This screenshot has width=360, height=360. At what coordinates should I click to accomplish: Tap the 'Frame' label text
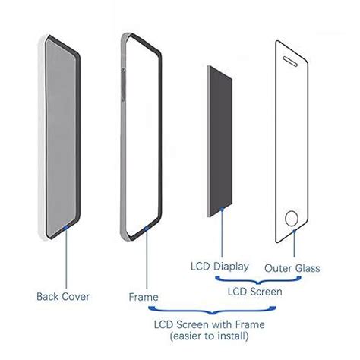144,295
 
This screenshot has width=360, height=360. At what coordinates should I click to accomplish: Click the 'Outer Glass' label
292,267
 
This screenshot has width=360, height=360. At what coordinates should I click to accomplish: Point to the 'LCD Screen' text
257,291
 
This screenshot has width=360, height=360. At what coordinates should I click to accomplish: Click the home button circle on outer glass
292,218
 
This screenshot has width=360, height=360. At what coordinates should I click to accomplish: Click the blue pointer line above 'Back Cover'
68,254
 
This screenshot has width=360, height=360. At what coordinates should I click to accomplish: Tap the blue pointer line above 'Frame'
144,262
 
